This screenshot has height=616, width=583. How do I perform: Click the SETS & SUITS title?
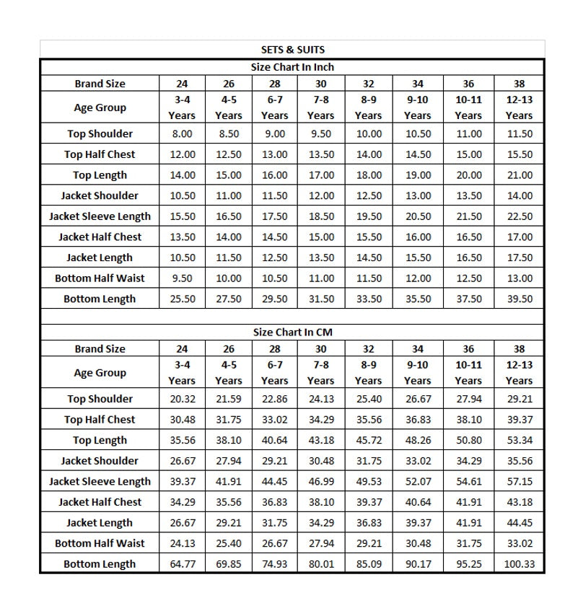pos(292,50)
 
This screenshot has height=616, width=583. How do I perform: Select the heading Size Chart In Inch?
pos(292,67)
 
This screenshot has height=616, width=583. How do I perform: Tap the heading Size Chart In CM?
pos(292,333)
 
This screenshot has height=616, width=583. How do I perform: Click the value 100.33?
pos(520,564)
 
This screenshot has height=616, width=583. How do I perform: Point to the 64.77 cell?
pos(182,564)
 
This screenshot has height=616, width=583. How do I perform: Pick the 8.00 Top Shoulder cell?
pos(182,133)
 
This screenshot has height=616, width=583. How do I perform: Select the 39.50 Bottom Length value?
pos(520,299)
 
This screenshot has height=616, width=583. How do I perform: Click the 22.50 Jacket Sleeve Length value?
pos(520,216)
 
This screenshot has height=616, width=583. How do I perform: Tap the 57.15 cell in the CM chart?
pos(520,482)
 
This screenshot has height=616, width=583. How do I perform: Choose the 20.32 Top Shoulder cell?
pos(182,399)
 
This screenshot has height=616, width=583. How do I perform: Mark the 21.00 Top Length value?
pos(520,175)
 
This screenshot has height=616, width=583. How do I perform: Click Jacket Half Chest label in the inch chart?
pos(100,237)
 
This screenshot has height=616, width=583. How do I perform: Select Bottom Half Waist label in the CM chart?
pos(100,543)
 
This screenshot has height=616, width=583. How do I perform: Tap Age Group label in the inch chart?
pos(100,107)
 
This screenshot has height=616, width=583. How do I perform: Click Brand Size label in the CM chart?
pos(100,349)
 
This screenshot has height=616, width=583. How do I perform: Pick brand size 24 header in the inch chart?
pos(182,84)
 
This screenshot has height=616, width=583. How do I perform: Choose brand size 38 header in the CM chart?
pos(520,349)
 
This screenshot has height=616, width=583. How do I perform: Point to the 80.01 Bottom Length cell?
pos(320,564)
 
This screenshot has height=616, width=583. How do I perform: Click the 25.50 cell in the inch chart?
pos(182,299)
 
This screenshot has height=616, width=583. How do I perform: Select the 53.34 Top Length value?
pos(520,441)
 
